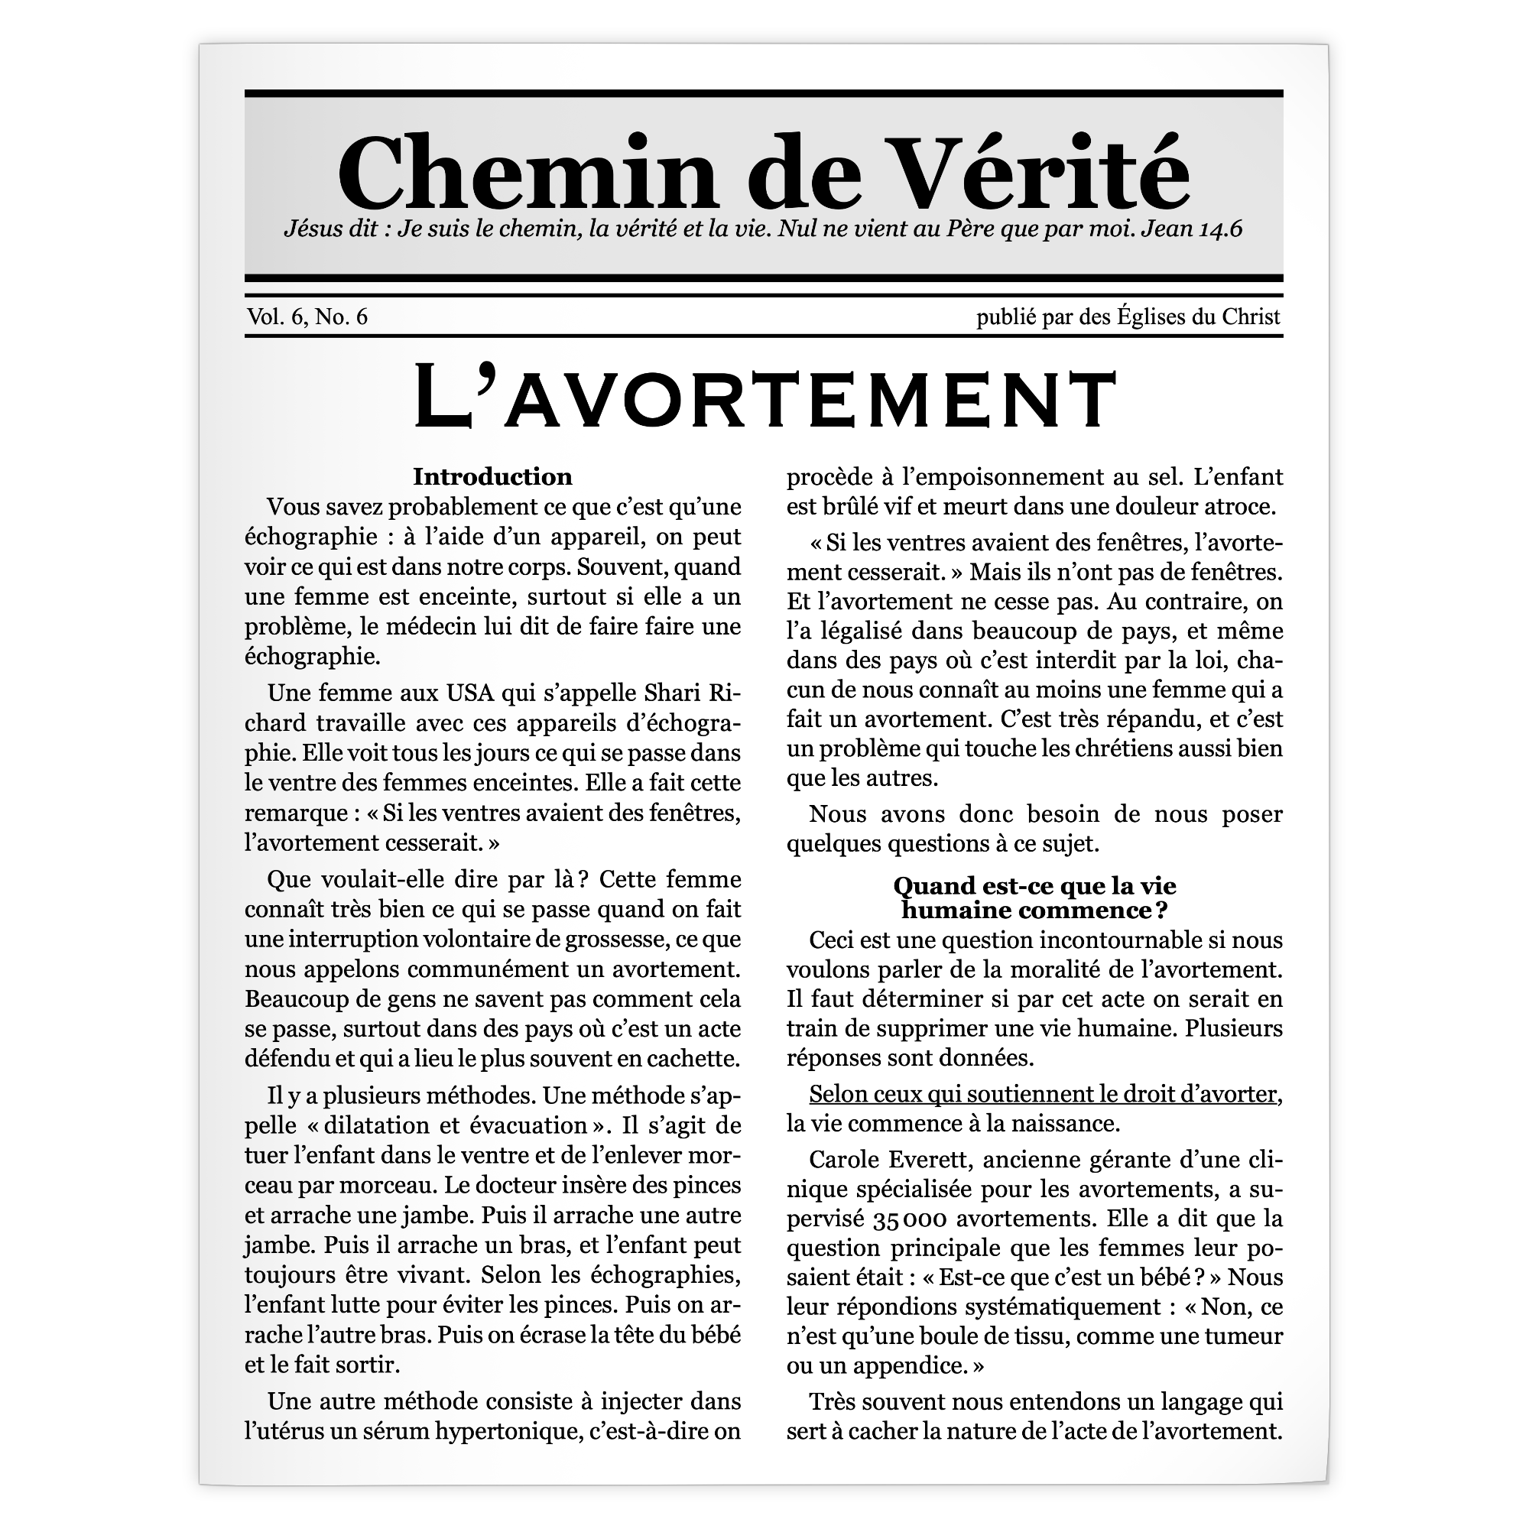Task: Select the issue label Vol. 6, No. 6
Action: [307, 317]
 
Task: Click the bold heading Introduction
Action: [492, 476]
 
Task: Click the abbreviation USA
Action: [470, 693]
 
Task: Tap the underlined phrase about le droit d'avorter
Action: [1044, 1095]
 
